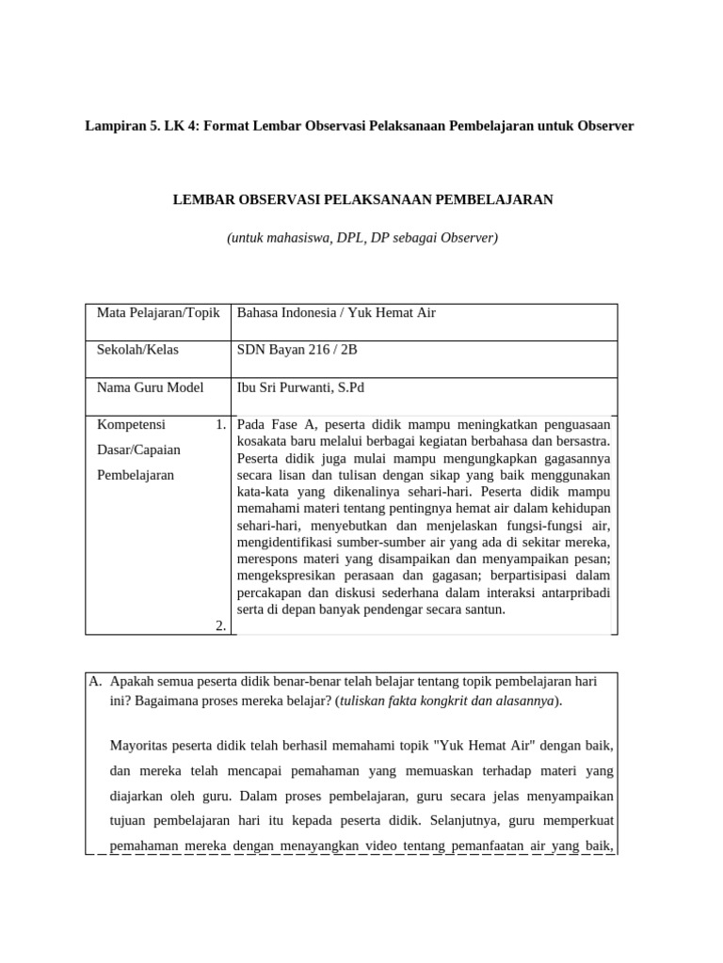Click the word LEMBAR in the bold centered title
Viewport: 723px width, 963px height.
[x=201, y=199]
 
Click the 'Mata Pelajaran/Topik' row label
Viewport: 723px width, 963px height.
[x=158, y=312]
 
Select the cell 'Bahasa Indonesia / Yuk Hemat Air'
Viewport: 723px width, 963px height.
[x=336, y=312]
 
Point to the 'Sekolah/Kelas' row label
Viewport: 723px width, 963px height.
[x=137, y=350]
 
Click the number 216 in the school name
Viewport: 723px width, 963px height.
[x=320, y=350]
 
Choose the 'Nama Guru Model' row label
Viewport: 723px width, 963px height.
[x=150, y=387]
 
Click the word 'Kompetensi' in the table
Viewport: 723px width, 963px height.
[x=131, y=424]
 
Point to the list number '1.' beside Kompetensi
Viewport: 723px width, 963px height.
[x=220, y=424]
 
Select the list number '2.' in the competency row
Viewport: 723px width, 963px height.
[x=220, y=625]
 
